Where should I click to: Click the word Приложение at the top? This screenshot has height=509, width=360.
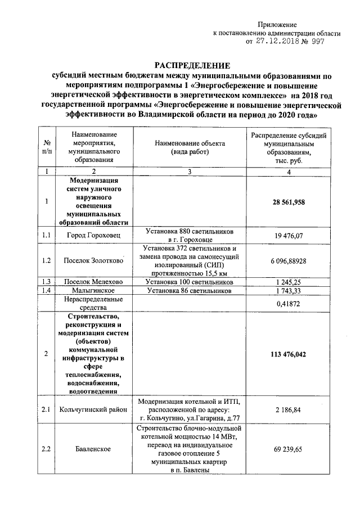277,25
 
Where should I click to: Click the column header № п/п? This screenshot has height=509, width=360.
47,147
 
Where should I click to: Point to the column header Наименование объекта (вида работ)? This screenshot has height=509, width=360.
190,147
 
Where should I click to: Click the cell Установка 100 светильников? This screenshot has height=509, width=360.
190,282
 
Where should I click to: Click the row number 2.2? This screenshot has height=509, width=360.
47,449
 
